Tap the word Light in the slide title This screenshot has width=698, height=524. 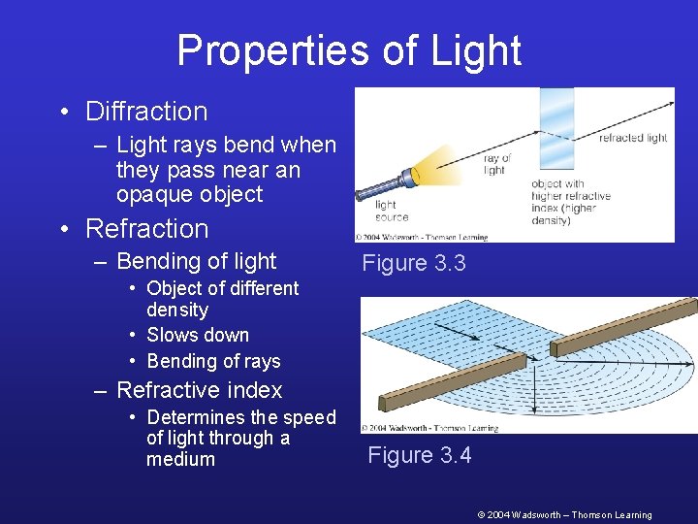click(x=474, y=50)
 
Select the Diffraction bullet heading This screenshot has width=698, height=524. click(x=146, y=112)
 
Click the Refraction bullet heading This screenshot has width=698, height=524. click(x=147, y=229)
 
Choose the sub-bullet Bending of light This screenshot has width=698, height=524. click(x=196, y=261)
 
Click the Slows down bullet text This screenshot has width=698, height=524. click(x=198, y=335)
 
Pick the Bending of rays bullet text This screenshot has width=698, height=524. click(x=213, y=361)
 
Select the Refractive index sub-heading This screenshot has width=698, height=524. click(x=199, y=390)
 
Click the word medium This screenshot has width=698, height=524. click(x=180, y=459)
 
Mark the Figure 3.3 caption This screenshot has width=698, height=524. click(x=414, y=263)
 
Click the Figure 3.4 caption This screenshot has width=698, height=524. click(x=420, y=455)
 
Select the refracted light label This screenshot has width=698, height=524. click(x=632, y=138)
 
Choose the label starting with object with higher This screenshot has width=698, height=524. click(x=571, y=202)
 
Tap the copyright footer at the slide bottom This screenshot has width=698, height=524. click(x=564, y=515)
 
